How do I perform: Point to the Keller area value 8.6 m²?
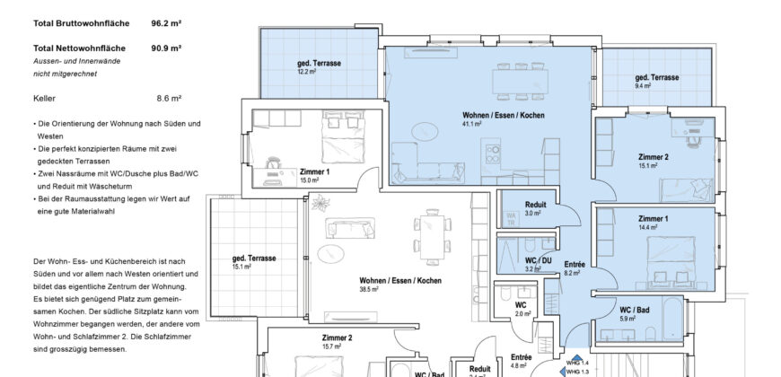tap(169, 97)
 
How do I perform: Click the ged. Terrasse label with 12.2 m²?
tap(316, 65)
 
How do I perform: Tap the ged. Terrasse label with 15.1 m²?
tap(253, 259)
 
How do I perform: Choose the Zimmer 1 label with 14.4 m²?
tap(653, 219)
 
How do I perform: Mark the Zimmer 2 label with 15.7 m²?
tap(337, 338)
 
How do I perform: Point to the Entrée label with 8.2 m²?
tap(575, 265)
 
